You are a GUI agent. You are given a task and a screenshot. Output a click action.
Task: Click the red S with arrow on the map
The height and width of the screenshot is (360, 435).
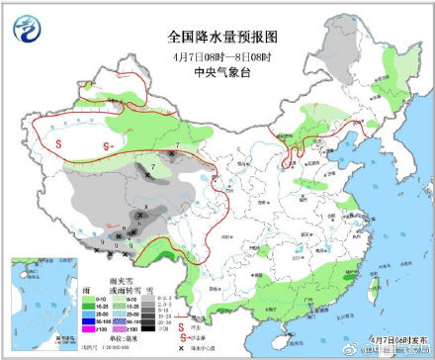point(107,146)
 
